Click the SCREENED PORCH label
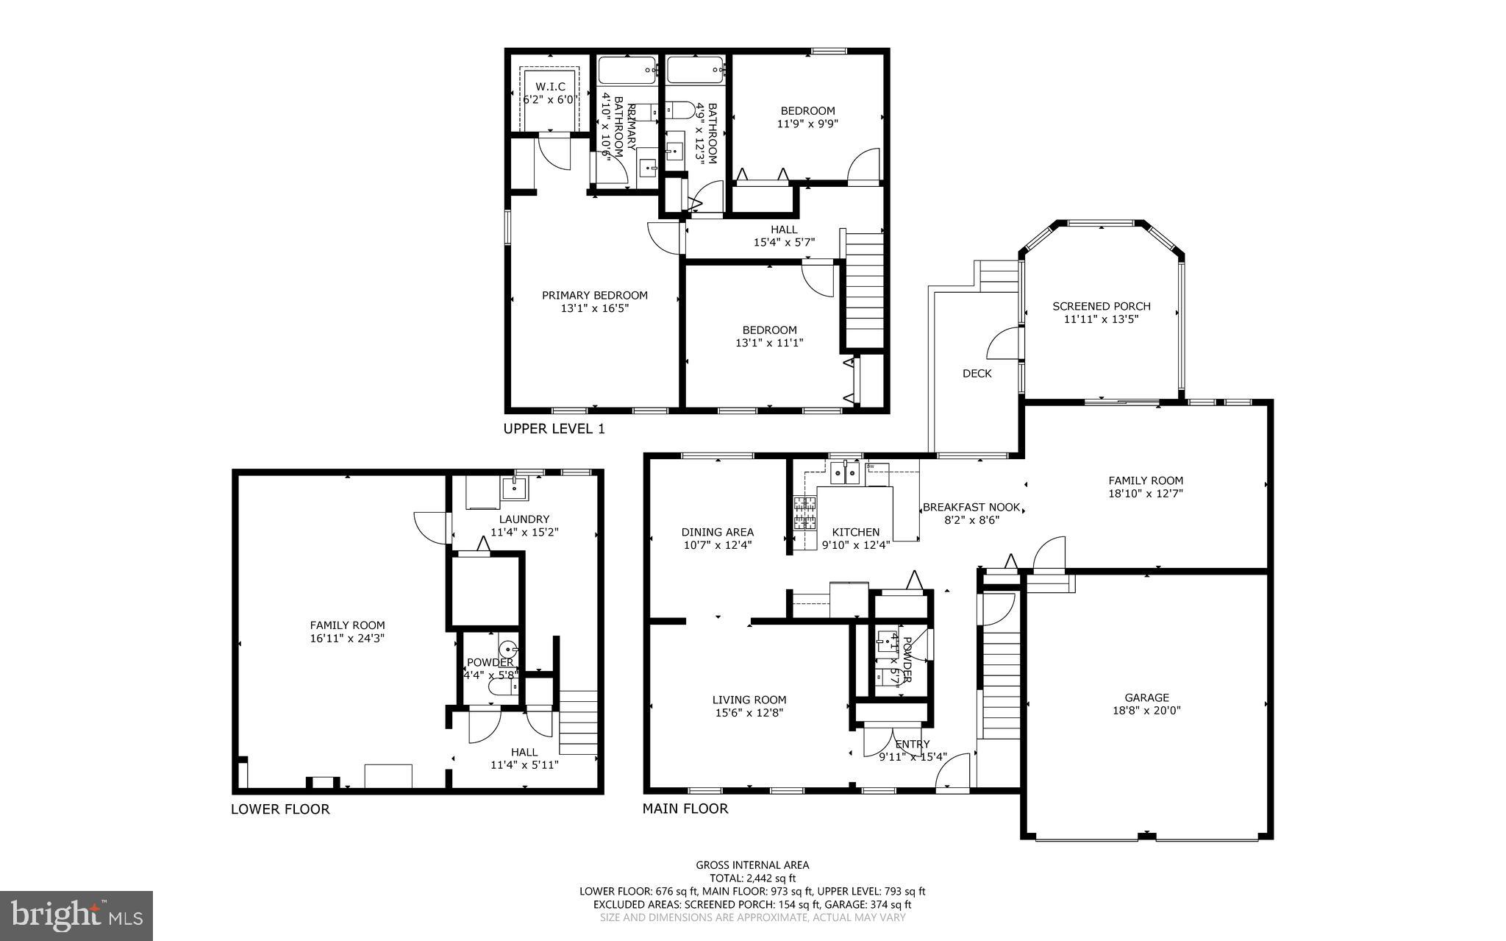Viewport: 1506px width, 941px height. [1101, 307]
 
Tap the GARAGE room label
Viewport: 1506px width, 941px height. [1146, 697]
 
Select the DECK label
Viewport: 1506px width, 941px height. [977, 374]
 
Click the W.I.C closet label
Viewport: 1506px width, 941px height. [550, 86]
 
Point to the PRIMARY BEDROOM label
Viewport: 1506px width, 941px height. [594, 296]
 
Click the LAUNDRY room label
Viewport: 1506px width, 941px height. [524, 519]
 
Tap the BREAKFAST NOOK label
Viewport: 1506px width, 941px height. [971, 507]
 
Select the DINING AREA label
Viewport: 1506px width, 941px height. [717, 532]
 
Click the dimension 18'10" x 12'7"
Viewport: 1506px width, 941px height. [1145, 494]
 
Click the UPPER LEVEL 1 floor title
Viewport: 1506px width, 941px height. [554, 429]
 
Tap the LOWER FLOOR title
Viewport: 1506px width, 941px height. [280, 809]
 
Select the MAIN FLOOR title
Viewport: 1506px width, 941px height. [685, 809]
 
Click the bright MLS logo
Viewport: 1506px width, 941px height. [76, 915]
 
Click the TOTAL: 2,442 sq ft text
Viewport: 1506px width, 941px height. [752, 878]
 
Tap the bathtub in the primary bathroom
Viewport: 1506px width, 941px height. [627, 71]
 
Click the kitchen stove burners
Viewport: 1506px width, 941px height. [804, 513]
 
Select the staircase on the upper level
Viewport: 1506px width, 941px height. [865, 290]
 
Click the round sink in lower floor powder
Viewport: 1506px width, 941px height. [509, 650]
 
